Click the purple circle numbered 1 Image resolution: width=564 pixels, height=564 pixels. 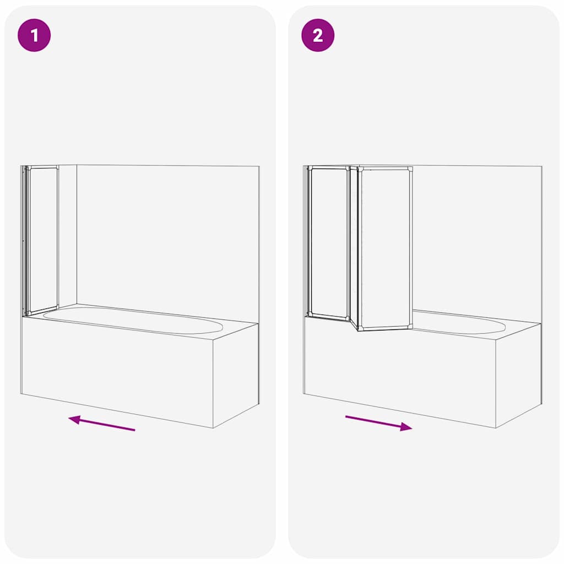pyautogui.click(x=34, y=36)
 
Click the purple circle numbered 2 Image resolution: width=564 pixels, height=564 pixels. pyautogui.click(x=318, y=36)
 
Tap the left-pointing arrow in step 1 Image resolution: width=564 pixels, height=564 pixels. pyautogui.click(x=102, y=423)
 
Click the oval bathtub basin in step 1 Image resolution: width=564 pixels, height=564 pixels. pyautogui.click(x=132, y=320)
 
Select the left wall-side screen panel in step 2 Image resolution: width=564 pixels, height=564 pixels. pyautogui.click(x=329, y=242)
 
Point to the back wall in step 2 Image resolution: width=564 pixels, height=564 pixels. pyautogui.click(x=474, y=237)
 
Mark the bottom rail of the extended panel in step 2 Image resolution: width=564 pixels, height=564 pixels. pyautogui.click(x=385, y=328)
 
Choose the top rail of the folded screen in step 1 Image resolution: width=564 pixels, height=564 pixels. pyautogui.click(x=42, y=167)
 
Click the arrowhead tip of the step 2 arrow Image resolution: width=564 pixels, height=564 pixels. pyautogui.click(x=411, y=428)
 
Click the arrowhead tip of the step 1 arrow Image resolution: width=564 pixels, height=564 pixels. pyautogui.click(x=69, y=419)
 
